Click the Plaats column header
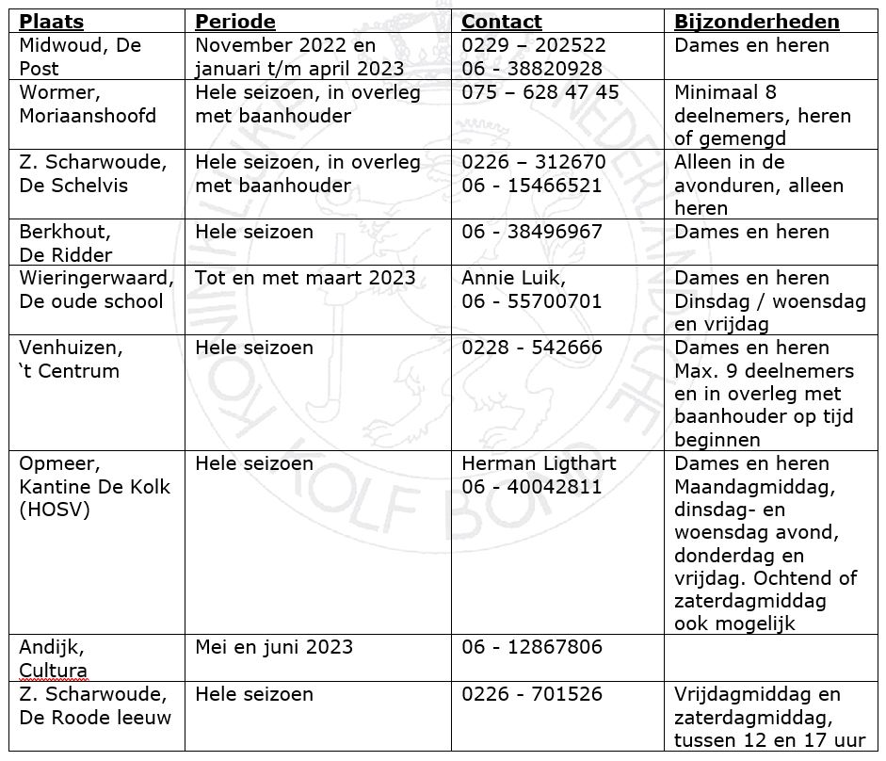click(52, 22)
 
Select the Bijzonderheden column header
click(757, 22)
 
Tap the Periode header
click(235, 22)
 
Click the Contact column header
click(502, 22)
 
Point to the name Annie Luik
click(514, 278)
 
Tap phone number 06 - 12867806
click(532, 647)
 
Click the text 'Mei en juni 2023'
click(274, 647)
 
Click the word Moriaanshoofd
click(88, 116)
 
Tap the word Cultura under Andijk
click(53, 671)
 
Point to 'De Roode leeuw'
click(95, 718)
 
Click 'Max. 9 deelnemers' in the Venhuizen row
click(765, 371)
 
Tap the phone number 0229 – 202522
click(534, 45)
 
